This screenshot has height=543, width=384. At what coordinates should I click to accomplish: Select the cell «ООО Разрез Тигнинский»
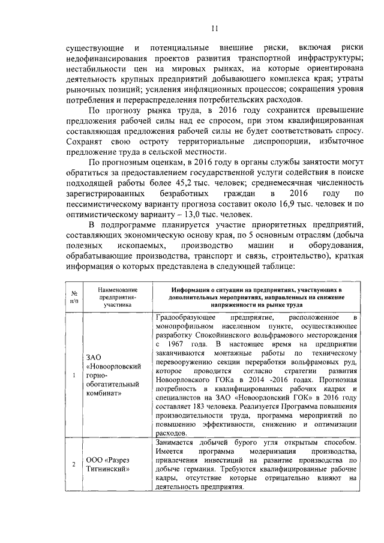pos(108,465)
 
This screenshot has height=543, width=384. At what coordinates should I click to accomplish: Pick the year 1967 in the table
pos(174,346)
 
